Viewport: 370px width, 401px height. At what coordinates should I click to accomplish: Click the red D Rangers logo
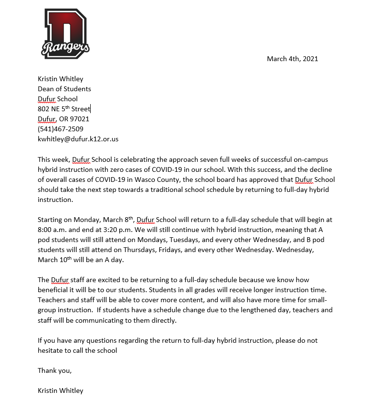click(66, 33)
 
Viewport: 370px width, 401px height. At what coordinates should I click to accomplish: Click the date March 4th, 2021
click(292, 59)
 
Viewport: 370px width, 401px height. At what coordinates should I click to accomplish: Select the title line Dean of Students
click(64, 89)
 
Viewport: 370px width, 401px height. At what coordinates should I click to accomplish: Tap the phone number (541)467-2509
click(61, 129)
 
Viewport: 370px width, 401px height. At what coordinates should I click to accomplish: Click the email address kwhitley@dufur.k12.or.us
click(78, 139)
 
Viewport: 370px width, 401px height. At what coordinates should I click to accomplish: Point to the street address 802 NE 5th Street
click(64, 109)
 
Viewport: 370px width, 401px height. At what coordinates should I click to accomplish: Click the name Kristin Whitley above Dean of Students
click(60, 79)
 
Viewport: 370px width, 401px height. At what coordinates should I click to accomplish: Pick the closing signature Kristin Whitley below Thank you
click(60, 390)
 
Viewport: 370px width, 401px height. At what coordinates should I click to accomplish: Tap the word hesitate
click(52, 350)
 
